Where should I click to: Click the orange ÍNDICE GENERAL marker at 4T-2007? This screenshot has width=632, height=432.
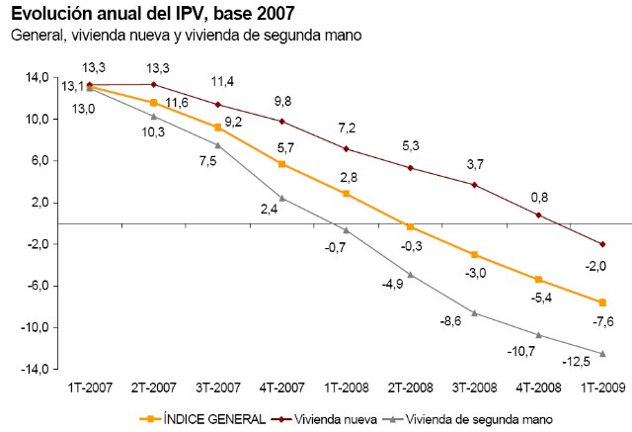[x=281, y=164]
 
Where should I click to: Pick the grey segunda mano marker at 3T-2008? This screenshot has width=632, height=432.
[x=474, y=313]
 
